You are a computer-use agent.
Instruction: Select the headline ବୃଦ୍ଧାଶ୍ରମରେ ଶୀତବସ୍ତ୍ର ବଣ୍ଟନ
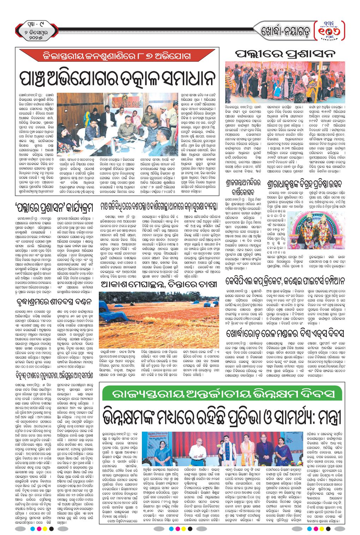(x=54, y=301)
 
